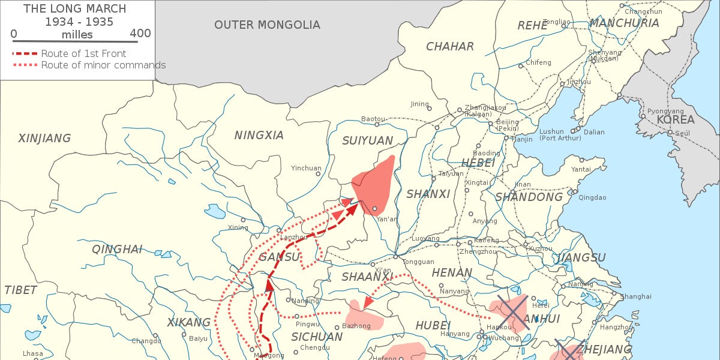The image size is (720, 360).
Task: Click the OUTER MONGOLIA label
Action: click(x=267, y=25)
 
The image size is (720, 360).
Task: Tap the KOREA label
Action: click(x=675, y=119)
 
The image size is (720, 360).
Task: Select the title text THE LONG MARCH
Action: click(x=76, y=8)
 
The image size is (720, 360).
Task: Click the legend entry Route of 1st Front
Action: click(x=83, y=53)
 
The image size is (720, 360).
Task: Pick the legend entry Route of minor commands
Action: click(x=103, y=65)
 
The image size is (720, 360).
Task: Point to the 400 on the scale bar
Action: click(x=140, y=34)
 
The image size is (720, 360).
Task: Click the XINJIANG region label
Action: click(x=44, y=139)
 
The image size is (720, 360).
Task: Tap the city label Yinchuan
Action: click(x=306, y=168)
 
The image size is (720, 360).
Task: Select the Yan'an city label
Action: click(x=386, y=219)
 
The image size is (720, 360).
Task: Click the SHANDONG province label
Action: click(x=529, y=197)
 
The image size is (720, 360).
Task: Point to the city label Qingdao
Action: click(x=592, y=197)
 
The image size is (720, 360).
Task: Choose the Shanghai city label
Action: click(x=635, y=296)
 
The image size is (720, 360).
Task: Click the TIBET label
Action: click(x=20, y=290)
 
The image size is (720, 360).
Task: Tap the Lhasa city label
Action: click(x=33, y=353)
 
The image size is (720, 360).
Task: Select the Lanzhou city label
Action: click(x=293, y=237)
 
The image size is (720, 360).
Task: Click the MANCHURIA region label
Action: click(x=624, y=23)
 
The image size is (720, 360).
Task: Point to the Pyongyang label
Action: click(x=665, y=111)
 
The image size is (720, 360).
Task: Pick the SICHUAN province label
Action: click(x=317, y=337)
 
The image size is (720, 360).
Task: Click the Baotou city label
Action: click(x=373, y=119)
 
